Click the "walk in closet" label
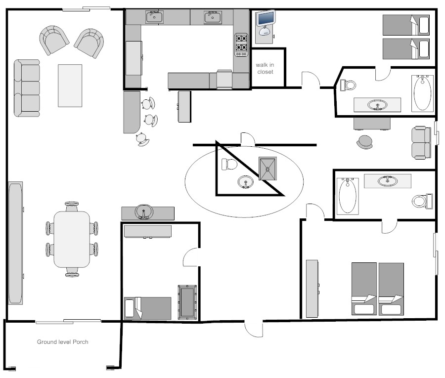(265, 68)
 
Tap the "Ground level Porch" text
(63, 342)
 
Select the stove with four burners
(241, 45)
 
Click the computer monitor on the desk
(266, 18)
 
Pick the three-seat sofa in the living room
(27, 88)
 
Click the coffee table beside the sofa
(70, 85)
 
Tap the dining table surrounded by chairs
(72, 239)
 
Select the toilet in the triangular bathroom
(229, 164)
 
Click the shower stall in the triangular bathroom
(267, 168)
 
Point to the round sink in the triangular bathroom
(246, 182)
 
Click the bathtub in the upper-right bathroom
(423, 93)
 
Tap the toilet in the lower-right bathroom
(422, 201)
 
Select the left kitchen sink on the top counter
(154, 17)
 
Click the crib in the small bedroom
(187, 302)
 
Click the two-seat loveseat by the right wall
(421, 142)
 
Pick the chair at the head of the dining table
(72, 206)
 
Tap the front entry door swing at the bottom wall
(254, 329)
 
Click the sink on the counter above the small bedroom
(144, 212)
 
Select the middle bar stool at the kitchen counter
(151, 120)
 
